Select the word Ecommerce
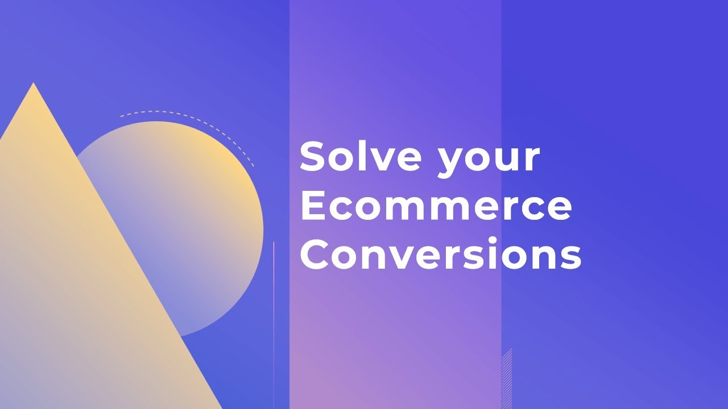[436, 206]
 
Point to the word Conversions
[440, 255]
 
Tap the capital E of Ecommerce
[312, 206]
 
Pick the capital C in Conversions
[315, 255]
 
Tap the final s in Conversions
[570, 258]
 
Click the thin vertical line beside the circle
[274, 318]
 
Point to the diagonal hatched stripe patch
[507, 378]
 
